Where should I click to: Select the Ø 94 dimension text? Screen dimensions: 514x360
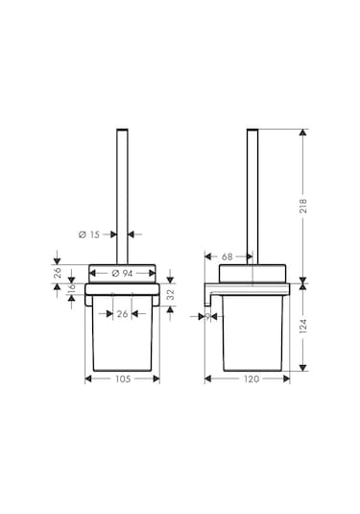(x=122, y=273)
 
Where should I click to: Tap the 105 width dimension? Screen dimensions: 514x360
(x=122, y=379)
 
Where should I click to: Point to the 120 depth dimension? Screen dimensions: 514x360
(x=252, y=379)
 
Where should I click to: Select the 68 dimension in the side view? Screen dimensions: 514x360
(x=228, y=257)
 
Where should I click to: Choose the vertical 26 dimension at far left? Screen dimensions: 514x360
(x=58, y=272)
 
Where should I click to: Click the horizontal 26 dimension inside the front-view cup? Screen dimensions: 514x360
(x=122, y=313)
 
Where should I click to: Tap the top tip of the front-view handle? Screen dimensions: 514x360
(x=122, y=129)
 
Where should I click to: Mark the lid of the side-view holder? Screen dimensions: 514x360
(x=252, y=273)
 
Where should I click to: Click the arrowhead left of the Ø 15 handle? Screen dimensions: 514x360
(x=111, y=233)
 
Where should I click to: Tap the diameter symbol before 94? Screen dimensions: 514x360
(x=114, y=273)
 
